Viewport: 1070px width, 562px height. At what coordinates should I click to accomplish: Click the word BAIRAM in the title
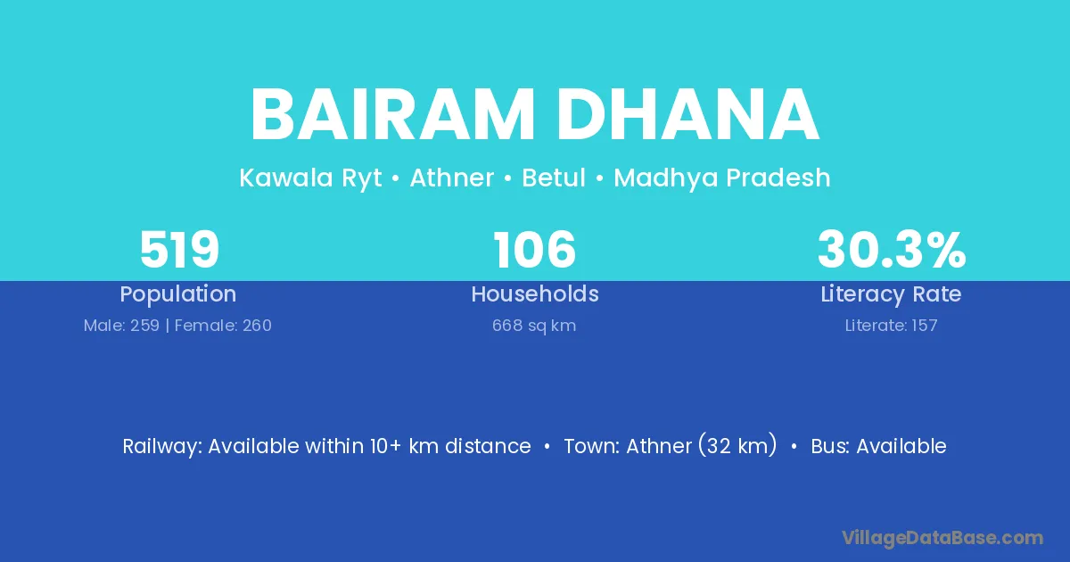coord(392,115)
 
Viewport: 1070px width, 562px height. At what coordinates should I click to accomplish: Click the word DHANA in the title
coord(687,115)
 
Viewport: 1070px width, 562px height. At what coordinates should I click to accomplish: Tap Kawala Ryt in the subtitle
coord(310,178)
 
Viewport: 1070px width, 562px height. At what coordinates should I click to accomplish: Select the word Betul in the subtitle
coord(554,178)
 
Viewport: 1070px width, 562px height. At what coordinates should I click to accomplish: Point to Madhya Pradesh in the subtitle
coord(722,178)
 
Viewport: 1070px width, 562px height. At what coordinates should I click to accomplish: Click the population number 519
coord(179,250)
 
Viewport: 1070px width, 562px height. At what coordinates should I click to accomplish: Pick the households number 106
coord(534,250)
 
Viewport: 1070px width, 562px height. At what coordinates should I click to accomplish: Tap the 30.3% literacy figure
coord(892,250)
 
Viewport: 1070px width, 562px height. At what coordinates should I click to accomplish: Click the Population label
coord(178,294)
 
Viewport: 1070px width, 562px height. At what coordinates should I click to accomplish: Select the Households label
coord(535,293)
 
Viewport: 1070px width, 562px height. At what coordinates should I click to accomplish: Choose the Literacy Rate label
coord(891,294)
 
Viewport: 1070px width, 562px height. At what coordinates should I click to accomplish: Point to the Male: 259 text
coord(121,326)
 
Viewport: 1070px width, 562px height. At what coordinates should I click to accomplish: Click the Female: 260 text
coord(223,326)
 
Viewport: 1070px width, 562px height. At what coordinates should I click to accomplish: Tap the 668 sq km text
coord(534,326)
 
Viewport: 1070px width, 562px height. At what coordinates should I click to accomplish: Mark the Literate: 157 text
coord(892,326)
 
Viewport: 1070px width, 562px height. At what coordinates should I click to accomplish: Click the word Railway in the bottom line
coord(162,447)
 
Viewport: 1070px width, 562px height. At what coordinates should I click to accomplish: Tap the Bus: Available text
coord(878,446)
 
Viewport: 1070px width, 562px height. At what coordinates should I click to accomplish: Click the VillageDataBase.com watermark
coord(942,538)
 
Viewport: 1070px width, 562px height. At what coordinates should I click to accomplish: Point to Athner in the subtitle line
coord(452,178)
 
